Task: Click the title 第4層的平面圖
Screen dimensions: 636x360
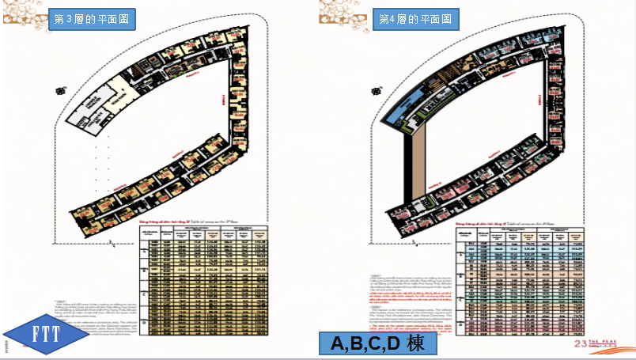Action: point(415,18)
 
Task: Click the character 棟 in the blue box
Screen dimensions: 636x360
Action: point(417,344)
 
